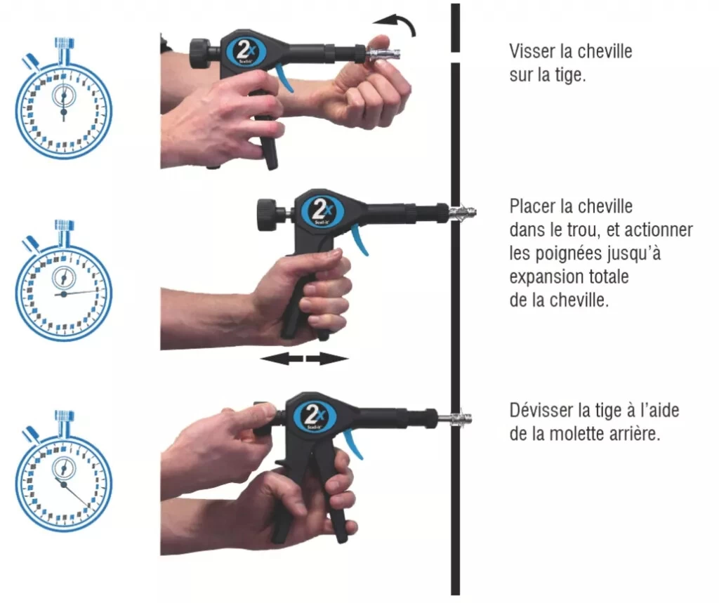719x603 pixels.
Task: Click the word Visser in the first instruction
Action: (532, 51)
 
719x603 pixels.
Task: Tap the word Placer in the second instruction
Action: (532, 206)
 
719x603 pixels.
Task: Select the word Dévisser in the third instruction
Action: (541, 410)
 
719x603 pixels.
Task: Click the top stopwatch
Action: (64, 105)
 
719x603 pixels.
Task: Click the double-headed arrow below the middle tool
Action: (304, 359)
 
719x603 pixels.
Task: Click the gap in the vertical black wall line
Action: (456, 58)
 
